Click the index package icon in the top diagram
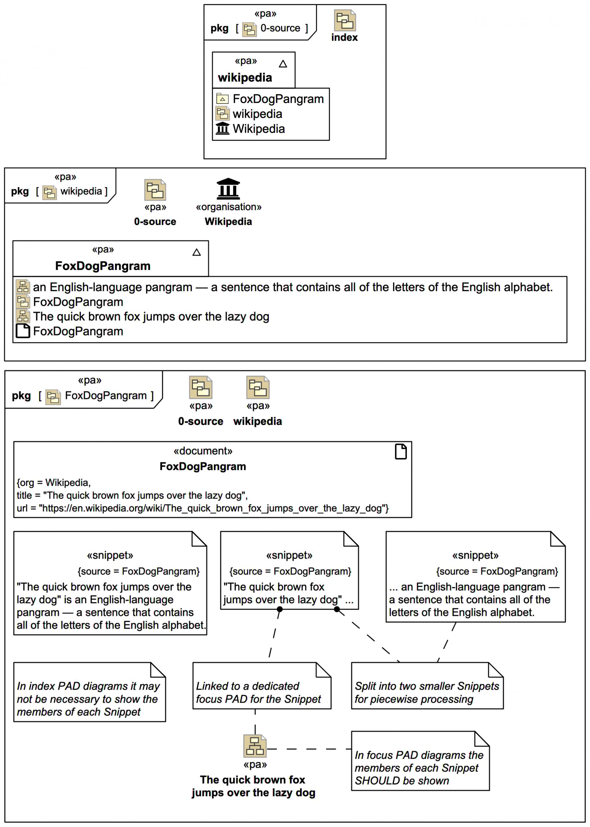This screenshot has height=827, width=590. click(344, 20)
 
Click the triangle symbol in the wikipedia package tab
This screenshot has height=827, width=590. click(283, 64)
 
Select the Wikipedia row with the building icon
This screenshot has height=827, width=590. click(258, 129)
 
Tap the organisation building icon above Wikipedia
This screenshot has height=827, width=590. click(228, 189)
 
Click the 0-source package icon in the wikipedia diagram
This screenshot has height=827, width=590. click(155, 190)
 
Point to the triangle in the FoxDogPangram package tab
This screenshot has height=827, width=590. click(197, 252)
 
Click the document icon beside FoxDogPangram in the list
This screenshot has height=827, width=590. click(23, 331)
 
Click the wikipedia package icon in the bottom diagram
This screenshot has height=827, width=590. click(258, 387)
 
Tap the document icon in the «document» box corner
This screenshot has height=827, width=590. click(401, 452)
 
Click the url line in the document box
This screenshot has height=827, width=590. click(203, 508)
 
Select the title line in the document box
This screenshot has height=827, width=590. click(132, 496)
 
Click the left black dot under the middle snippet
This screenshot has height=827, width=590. click(280, 609)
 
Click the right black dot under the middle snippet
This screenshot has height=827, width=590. click(337, 609)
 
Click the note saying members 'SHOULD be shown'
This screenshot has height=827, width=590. click(420, 767)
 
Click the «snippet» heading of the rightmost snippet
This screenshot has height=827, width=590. click(475, 555)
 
